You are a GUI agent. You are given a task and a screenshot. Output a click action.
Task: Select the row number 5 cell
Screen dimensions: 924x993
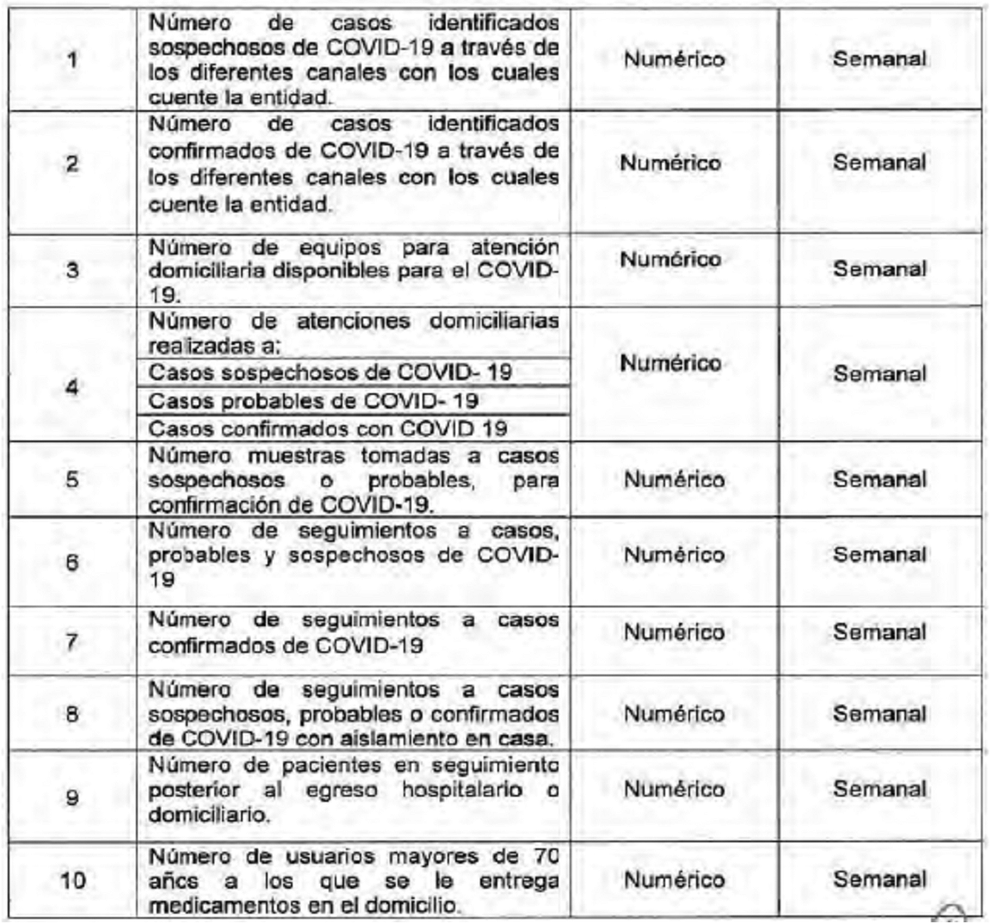[72, 479]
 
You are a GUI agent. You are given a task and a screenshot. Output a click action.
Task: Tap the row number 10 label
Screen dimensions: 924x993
[72, 881]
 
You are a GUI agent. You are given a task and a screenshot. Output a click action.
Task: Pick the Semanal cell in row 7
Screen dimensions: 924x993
[879, 632]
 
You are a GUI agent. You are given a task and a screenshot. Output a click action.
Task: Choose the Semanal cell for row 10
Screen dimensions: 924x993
[879, 879]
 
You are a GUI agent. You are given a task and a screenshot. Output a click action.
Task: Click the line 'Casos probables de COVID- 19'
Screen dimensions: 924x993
[313, 401]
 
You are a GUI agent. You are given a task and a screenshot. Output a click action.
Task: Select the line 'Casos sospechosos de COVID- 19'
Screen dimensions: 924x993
[330, 373]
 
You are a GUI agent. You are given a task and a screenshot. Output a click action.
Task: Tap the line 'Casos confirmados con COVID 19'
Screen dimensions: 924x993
[328, 428]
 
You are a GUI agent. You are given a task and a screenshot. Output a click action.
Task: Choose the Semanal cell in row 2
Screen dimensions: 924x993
[879, 163]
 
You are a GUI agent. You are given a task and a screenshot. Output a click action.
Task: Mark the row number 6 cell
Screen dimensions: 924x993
[72, 563]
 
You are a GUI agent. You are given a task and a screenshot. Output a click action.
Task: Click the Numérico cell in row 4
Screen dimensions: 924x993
[670, 363]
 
